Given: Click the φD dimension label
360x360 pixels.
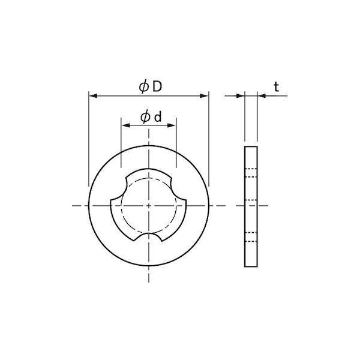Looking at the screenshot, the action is click(151, 87).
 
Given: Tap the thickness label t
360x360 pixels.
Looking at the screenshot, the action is click(277, 87).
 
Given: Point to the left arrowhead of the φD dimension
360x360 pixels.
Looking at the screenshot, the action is click(93, 96).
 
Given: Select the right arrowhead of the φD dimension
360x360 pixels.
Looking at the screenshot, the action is click(205, 96).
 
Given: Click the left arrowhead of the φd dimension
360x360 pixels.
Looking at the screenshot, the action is click(125, 125).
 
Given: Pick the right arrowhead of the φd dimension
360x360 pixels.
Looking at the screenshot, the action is click(172, 125).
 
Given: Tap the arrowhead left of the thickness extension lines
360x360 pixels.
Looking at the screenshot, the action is click(241, 96).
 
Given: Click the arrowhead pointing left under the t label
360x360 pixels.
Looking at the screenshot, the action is click(262, 96).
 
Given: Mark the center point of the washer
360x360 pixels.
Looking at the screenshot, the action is click(149, 206).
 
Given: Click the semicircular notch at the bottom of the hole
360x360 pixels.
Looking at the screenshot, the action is click(148, 234).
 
